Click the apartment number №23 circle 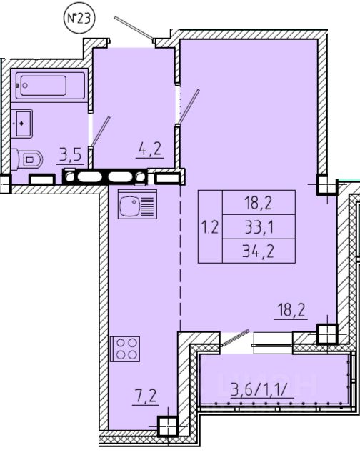tap(79, 18)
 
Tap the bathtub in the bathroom tap(50, 85)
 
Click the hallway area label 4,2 tap(150, 149)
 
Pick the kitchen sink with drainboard tap(137, 204)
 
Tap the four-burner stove tap(125, 349)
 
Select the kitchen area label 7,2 tap(145, 396)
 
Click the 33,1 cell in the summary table tap(259, 227)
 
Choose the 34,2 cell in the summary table tap(259, 251)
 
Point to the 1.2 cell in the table tap(210, 227)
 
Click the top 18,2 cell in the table tap(259, 203)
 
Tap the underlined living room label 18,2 tap(291, 310)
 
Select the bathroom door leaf tap(101, 131)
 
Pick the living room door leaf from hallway tap(189, 106)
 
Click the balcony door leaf tap(236, 337)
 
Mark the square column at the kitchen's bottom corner tap(168, 426)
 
